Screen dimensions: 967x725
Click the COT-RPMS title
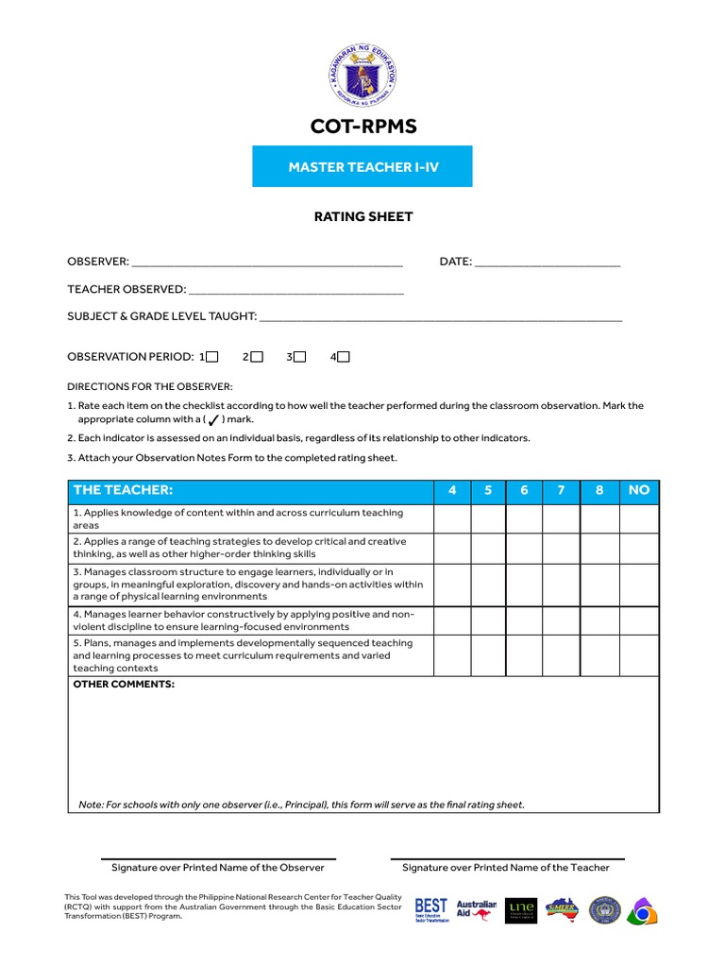362,127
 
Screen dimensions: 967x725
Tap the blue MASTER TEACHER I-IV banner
362,166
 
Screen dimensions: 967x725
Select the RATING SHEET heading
362,217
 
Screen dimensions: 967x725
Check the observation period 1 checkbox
211,357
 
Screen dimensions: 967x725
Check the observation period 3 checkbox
299,357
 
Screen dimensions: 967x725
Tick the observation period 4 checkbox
344,357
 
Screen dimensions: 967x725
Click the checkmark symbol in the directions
213,419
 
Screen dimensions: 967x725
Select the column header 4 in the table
452,490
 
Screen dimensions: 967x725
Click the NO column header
639,490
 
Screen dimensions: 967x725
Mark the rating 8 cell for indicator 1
599,518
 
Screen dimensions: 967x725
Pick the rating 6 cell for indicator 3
524,585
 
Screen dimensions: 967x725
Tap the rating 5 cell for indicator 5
488,655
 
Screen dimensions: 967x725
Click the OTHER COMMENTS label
124,684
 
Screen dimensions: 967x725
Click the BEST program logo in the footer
431,910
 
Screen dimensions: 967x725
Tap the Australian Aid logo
476,909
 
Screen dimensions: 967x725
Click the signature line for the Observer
218,859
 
